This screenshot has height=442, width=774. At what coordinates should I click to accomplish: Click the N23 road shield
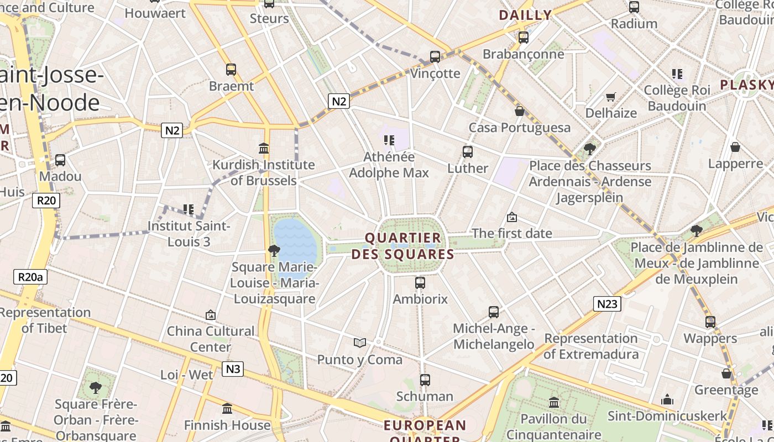coord(608,303)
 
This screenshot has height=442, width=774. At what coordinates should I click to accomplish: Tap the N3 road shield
coord(233,369)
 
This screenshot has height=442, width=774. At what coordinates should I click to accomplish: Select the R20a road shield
coord(30,277)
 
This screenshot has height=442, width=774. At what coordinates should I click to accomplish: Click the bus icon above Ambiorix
coord(420,283)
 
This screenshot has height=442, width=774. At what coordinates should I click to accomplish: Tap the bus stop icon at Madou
coord(60,160)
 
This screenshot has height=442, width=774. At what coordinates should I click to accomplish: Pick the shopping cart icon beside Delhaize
coord(611,97)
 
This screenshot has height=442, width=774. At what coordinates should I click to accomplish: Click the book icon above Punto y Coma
coord(360,343)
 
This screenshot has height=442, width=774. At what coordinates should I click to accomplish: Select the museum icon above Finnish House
coord(227,409)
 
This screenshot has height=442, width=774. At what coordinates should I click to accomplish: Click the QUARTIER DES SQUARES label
coord(403,246)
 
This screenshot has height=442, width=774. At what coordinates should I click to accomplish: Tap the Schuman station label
coord(425,396)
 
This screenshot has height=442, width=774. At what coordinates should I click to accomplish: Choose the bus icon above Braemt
coord(231,70)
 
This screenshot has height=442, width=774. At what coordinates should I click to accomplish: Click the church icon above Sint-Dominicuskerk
coord(667,399)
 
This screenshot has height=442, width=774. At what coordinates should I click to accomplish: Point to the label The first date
coord(512,233)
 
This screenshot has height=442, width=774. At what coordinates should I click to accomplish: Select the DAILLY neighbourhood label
coord(525,15)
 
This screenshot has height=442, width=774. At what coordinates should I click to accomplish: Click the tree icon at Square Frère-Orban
coord(96,387)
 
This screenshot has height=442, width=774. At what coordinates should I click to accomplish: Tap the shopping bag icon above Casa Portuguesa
coord(520,112)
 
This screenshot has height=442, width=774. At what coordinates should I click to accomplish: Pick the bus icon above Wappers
coord(710,322)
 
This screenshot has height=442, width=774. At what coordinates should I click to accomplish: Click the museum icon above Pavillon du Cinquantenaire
coord(554,402)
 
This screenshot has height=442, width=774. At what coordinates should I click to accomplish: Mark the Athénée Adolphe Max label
coord(389,165)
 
